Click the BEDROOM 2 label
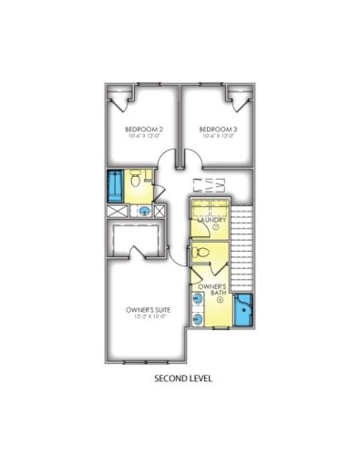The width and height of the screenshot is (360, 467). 143,130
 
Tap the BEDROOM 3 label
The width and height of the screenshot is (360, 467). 217,130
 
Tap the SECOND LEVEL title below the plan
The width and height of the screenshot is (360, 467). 182,377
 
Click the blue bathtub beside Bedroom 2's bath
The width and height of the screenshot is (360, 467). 116,185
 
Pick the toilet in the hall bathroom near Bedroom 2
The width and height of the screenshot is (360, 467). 134,179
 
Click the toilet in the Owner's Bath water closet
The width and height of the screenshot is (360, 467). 206,251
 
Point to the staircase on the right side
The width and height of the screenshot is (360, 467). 242,246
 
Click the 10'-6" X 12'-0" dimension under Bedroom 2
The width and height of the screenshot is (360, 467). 143,138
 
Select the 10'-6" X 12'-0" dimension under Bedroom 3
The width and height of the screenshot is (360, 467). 217,138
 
